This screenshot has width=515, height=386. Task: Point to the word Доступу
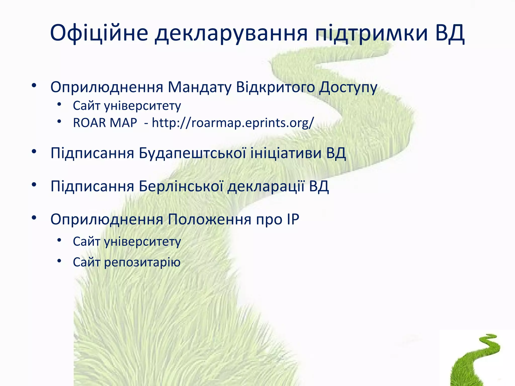(x=348, y=87)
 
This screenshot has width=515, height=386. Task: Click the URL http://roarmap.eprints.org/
(x=233, y=123)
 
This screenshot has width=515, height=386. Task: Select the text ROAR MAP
(x=105, y=123)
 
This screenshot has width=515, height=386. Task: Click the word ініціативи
(x=286, y=153)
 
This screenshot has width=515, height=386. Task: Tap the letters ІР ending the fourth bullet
(x=293, y=219)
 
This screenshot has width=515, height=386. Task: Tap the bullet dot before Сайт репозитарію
(x=59, y=261)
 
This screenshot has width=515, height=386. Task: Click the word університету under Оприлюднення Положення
(x=142, y=242)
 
